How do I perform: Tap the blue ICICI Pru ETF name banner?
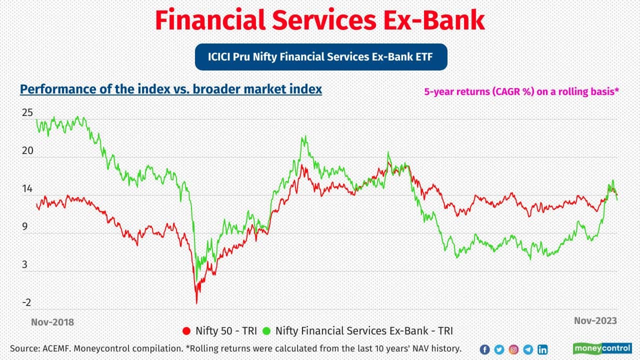[320, 57]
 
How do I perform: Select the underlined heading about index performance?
[171, 89]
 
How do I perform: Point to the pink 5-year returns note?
[522, 92]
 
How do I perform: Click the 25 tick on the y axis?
[27, 113]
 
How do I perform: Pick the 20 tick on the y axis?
[27, 151]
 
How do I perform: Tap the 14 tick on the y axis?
[27, 189]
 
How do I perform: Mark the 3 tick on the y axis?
[25, 265]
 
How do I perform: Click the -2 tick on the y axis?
[26, 302]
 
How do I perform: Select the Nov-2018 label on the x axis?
[52, 322]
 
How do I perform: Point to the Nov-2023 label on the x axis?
[595, 320]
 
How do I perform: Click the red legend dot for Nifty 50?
[187, 330]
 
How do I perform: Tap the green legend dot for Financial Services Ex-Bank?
[266, 330]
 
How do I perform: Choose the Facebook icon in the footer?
[484, 349]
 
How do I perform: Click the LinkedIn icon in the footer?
[542, 349]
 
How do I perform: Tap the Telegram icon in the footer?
[528, 349]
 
